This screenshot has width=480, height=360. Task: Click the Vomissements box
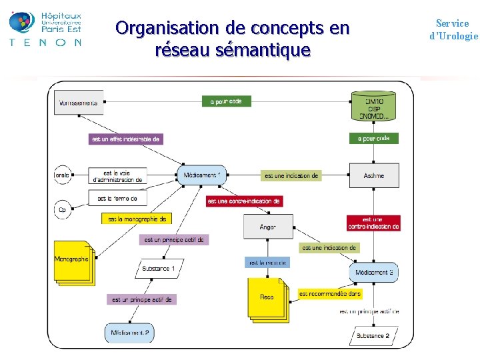click(79, 103)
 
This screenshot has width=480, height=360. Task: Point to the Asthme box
click(374, 176)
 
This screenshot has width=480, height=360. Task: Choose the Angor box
click(267, 227)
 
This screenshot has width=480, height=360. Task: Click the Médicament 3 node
click(374, 272)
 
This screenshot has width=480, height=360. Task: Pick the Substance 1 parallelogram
click(159, 269)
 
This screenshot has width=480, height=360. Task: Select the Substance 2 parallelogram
click(373, 336)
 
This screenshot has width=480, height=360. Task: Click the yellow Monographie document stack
click(73, 261)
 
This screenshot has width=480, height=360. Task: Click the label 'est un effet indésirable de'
click(125, 139)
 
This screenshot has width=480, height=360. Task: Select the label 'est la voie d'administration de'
click(117, 176)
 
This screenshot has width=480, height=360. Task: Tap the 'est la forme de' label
click(117, 198)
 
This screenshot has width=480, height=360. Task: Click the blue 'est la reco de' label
click(267, 263)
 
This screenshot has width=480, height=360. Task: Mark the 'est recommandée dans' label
click(329, 293)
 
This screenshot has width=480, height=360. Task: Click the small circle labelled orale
click(62, 176)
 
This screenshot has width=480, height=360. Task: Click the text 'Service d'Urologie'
click(453, 30)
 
